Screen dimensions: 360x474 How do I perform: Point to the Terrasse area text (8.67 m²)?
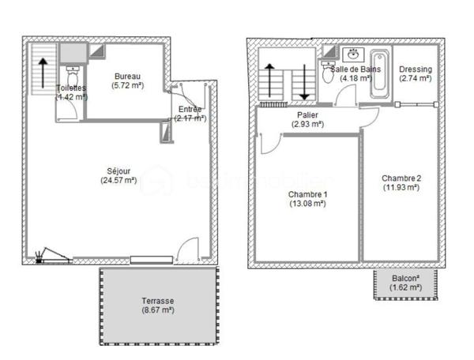(158, 310)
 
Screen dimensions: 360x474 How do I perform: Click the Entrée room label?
(190, 109)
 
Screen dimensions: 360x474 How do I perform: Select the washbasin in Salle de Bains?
(353, 54)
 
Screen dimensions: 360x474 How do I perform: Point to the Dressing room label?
(415, 69)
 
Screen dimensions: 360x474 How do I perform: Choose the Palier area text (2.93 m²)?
(307, 125)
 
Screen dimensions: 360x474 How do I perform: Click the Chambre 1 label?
(307, 194)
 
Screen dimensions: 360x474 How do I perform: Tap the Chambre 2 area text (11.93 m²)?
(401, 187)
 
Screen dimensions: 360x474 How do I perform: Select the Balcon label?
(405, 279)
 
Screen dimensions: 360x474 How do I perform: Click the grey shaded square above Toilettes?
(71, 52)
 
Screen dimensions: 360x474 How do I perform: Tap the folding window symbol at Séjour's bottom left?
(52, 255)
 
